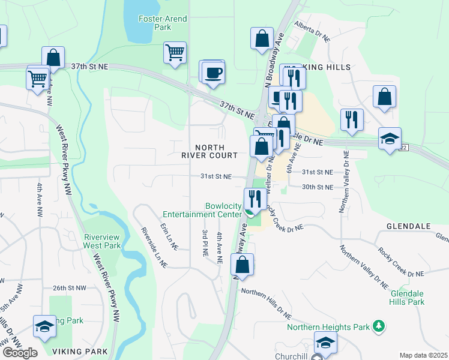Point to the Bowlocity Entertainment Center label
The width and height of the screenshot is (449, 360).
pos(204,209)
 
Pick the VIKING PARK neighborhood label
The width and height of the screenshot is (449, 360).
pos(80,351)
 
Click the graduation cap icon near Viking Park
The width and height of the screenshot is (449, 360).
pos(44,326)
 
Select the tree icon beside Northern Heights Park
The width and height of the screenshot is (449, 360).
pos(378,326)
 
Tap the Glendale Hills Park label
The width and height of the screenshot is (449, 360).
pos(408,298)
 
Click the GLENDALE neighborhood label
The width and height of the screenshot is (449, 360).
pos(405,226)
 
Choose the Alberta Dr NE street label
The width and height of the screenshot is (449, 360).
pos(312,31)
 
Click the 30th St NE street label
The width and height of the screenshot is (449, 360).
pos(318,187)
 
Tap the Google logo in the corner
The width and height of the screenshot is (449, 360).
pos(20,353)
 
